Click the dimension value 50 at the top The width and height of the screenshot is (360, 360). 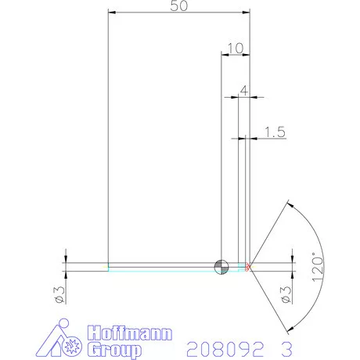click(x=178, y=6)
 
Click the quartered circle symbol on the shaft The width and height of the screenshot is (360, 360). click(x=221, y=266)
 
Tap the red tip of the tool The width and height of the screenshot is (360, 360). click(x=248, y=267)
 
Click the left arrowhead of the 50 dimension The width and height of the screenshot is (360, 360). click(x=111, y=13)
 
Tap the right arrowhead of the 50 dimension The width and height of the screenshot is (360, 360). click(x=245, y=13)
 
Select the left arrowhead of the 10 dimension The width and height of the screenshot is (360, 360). click(x=225, y=55)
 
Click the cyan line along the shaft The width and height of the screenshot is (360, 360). click(x=164, y=269)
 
